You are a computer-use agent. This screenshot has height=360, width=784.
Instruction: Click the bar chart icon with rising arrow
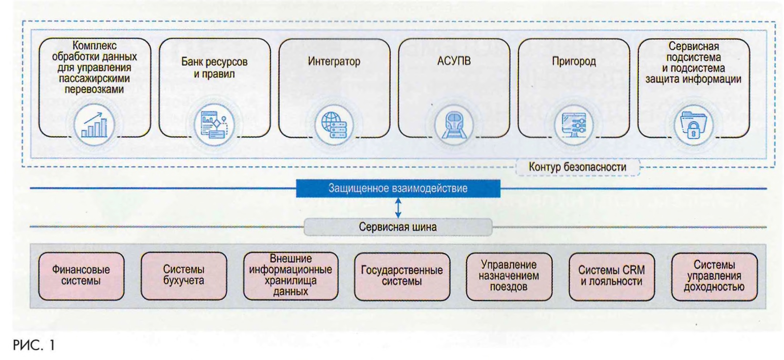point(94,125)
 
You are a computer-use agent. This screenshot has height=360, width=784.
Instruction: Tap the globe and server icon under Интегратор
point(334,125)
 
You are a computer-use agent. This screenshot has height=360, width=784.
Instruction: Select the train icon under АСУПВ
point(454,125)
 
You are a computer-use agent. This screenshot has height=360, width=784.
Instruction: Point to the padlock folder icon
point(693,125)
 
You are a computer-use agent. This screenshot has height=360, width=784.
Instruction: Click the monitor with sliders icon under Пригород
point(574,125)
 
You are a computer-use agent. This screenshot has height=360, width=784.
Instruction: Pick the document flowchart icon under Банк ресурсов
point(214,125)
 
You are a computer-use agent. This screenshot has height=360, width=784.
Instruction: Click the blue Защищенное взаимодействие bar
point(398,188)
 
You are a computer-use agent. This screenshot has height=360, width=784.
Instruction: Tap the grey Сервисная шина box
point(398,227)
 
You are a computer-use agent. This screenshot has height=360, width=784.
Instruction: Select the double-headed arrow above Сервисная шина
point(398,208)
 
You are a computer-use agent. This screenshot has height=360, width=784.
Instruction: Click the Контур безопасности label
point(577,167)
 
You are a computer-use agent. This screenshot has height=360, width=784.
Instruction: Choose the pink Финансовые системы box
point(81,276)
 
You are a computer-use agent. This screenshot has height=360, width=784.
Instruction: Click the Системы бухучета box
point(184,276)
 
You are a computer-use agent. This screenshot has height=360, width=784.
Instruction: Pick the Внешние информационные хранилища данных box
point(291,276)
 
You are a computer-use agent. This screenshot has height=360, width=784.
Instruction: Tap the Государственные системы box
point(402,276)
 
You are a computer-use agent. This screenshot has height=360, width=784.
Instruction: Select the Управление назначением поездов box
point(509,276)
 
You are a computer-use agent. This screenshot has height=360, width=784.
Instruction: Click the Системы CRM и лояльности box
point(612,276)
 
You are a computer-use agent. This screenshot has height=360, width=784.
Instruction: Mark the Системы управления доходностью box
point(714,276)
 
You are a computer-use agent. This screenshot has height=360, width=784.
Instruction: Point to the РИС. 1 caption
point(34,345)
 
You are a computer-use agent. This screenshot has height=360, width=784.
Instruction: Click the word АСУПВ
point(454,61)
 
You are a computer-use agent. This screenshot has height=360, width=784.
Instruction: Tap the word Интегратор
point(334,61)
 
